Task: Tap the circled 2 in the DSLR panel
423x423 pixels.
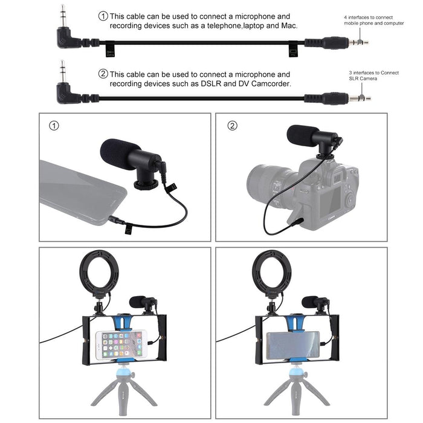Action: (x=231, y=126)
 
